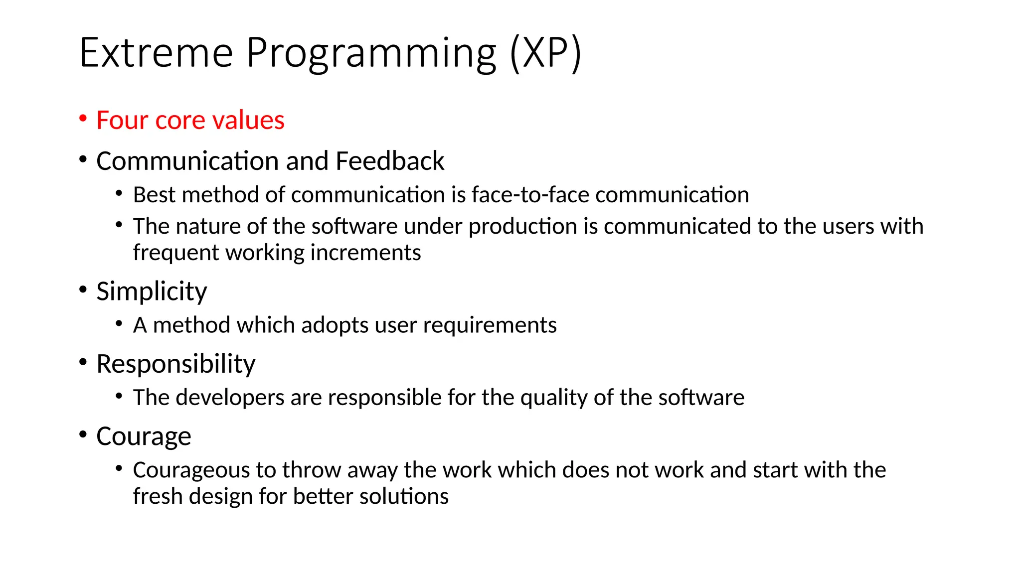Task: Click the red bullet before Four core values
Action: (x=83, y=118)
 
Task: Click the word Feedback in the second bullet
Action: (x=390, y=161)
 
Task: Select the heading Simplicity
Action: (x=152, y=291)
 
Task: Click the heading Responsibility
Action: (x=175, y=364)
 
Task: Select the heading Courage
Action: (x=144, y=436)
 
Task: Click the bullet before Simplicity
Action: (x=83, y=289)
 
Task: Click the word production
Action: (x=522, y=227)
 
